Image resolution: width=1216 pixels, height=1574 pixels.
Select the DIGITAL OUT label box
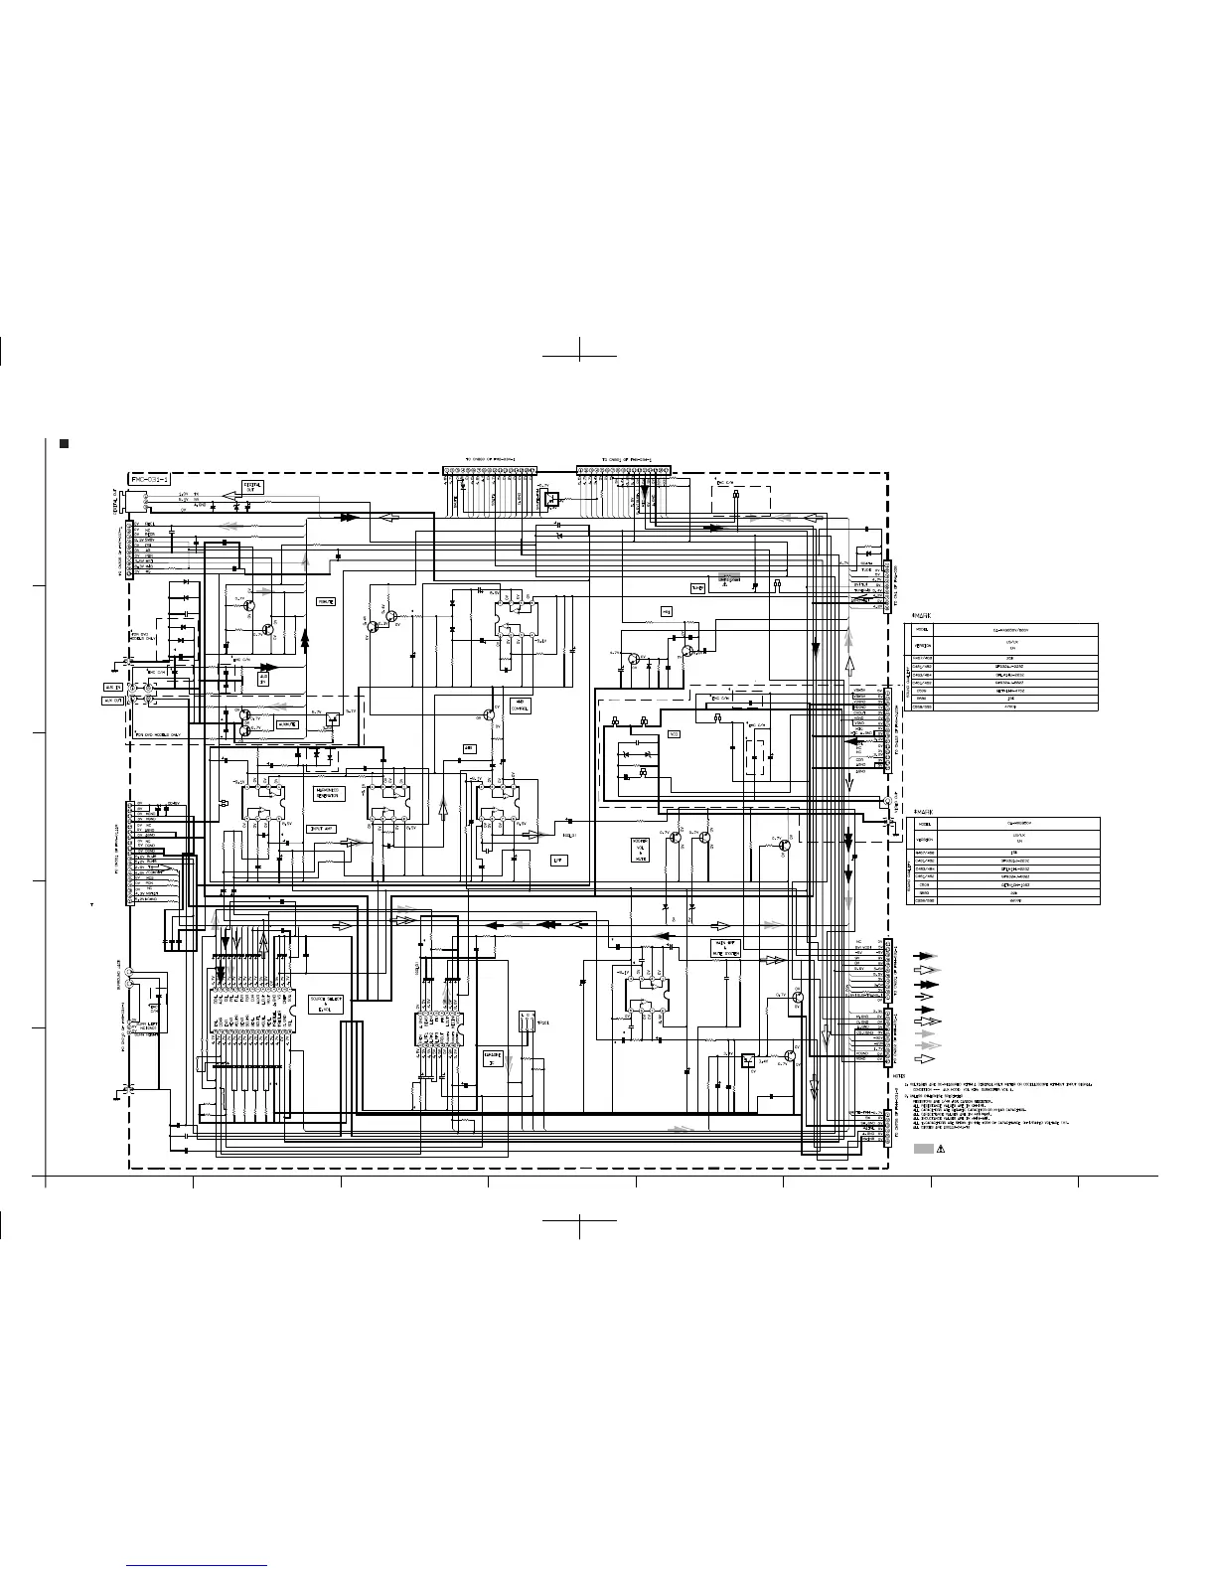(x=252, y=489)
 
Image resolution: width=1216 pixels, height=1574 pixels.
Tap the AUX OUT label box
(x=113, y=700)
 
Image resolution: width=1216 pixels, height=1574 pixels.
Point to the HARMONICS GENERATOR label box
(x=327, y=793)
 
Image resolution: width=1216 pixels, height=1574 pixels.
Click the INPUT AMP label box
(x=322, y=828)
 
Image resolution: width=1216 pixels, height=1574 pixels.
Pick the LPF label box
(x=558, y=861)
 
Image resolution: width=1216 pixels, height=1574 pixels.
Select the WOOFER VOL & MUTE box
(x=641, y=851)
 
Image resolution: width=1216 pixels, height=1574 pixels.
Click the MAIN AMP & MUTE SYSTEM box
(x=726, y=947)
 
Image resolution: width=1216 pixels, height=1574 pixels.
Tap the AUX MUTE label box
(x=288, y=724)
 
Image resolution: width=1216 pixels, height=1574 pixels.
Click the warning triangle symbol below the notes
(x=939, y=1149)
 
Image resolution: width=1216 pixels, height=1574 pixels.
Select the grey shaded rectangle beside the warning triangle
(x=922, y=1149)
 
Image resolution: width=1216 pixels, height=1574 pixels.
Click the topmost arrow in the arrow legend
(x=924, y=955)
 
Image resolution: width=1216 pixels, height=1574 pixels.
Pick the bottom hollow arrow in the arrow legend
(x=924, y=1059)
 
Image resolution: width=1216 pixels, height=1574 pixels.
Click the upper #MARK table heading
(x=921, y=616)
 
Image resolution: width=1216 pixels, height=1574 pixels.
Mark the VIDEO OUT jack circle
(x=886, y=801)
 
